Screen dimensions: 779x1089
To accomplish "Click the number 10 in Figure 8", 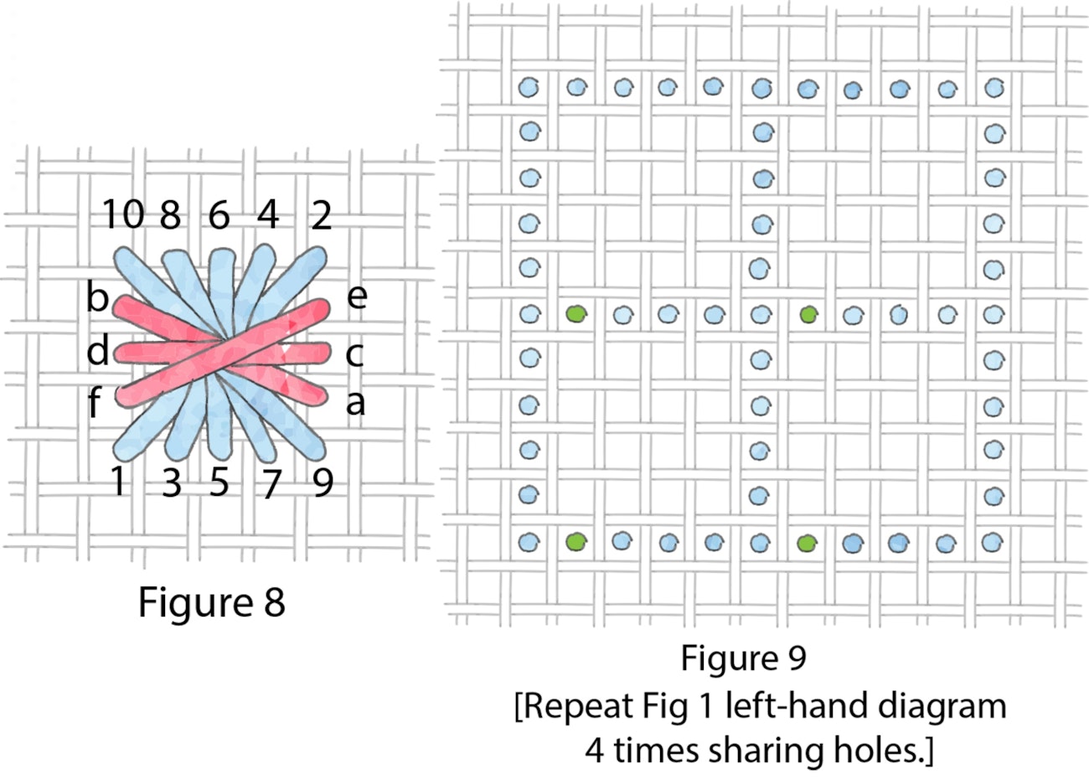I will tap(123, 215).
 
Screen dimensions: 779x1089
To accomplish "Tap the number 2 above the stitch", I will tap(321, 215).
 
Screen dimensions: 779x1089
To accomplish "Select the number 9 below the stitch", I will tap(323, 482).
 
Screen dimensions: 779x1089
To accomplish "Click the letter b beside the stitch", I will tap(97, 297).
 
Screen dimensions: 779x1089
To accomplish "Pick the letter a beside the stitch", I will tap(355, 403).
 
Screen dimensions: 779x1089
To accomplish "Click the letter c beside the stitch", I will tap(354, 354).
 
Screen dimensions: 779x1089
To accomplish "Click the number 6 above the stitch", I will tap(219, 215).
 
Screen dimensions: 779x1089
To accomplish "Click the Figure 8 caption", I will tap(211, 601).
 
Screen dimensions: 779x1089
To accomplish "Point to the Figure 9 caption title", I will tap(742, 658).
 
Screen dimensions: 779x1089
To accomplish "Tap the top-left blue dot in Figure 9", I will tap(529, 86).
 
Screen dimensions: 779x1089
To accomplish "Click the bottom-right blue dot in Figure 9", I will tap(994, 541).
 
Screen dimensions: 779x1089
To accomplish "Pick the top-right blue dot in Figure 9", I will tap(994, 86).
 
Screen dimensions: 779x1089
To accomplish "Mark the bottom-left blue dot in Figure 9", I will tap(529, 542).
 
